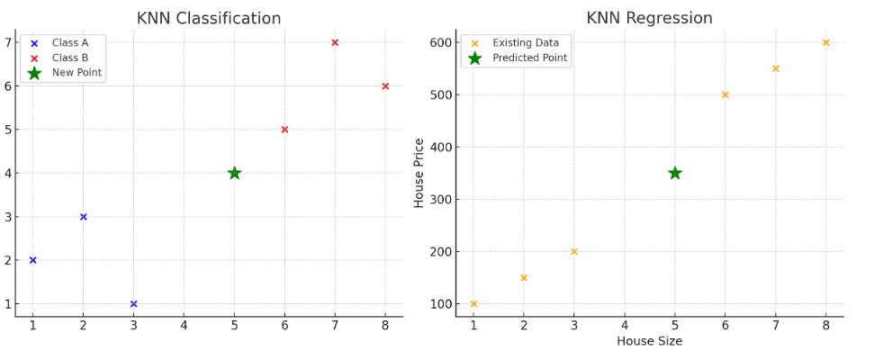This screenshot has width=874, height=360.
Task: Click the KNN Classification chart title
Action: click(x=209, y=19)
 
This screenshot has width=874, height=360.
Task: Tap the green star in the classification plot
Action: click(x=234, y=173)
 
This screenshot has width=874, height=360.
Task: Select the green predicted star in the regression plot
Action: click(x=675, y=173)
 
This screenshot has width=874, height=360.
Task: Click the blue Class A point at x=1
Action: click(x=32, y=260)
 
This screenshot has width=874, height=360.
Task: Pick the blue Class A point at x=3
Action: click(x=133, y=304)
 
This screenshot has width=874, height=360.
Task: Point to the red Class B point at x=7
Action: click(x=335, y=42)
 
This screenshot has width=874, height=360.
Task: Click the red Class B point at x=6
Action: click(x=284, y=130)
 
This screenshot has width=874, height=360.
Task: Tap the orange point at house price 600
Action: click(x=825, y=42)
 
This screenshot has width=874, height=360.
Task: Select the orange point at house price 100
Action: click(x=473, y=304)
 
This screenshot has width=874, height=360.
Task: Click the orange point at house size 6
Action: click(x=725, y=94)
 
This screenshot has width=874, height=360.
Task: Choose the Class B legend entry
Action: click(x=70, y=58)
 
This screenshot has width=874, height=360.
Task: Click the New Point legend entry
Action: click(x=77, y=73)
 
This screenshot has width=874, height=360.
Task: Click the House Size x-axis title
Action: click(x=649, y=341)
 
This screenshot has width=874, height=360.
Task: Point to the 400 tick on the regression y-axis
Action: click(x=439, y=147)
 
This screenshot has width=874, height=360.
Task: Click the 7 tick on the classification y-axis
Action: click(x=7, y=42)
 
